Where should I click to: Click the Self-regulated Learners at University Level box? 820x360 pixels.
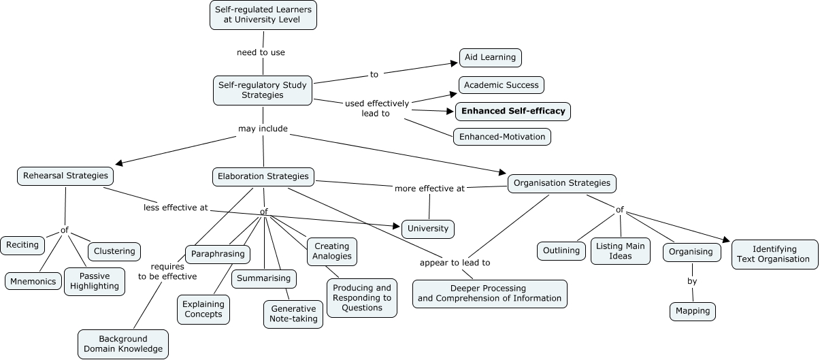point(263,14)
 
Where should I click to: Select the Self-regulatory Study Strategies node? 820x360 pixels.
point(263,90)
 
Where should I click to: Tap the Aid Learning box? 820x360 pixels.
point(490,58)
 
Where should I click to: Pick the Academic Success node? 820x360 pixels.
point(502,85)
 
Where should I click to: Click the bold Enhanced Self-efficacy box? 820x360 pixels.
point(513,111)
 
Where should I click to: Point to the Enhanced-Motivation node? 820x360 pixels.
point(502,137)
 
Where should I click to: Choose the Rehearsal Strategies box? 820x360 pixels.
point(65,176)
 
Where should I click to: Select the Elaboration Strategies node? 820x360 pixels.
point(263,176)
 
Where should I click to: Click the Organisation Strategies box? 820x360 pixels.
point(562,183)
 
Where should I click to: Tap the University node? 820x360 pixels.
point(428,229)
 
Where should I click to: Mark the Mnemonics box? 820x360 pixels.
point(33,281)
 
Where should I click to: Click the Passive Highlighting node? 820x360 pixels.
point(95,281)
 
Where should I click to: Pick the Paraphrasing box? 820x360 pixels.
point(217,255)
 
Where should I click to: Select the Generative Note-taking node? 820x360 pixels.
point(293,314)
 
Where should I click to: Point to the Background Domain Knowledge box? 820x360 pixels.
point(123,344)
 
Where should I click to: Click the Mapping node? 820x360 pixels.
point(693,311)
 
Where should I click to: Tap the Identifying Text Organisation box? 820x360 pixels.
point(774,254)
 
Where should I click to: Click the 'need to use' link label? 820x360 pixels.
point(261,52)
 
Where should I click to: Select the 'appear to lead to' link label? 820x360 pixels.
point(455,263)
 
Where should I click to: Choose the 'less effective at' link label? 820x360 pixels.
point(176,208)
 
